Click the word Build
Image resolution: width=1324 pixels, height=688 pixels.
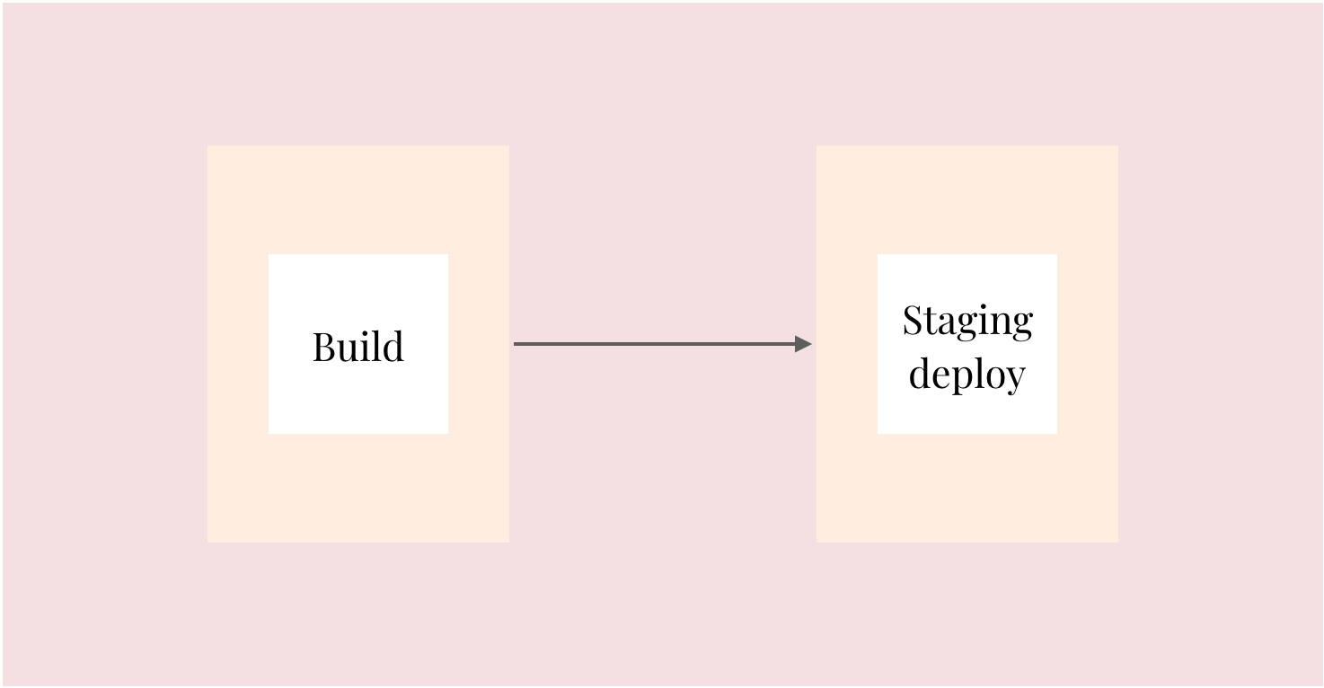358,346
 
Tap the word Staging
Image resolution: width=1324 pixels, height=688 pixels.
967,321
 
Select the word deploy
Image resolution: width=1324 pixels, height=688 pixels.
967,375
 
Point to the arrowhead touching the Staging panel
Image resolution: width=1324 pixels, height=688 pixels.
803,344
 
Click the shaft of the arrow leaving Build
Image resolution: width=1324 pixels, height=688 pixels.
654,344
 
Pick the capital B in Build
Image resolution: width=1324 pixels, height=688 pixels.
323,347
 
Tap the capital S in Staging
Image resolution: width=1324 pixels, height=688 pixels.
912,320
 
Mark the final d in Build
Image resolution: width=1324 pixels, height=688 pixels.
393,346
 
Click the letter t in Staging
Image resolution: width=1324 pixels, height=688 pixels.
931,323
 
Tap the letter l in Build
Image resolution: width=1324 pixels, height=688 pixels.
377,346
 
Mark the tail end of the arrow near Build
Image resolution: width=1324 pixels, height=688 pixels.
514,344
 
